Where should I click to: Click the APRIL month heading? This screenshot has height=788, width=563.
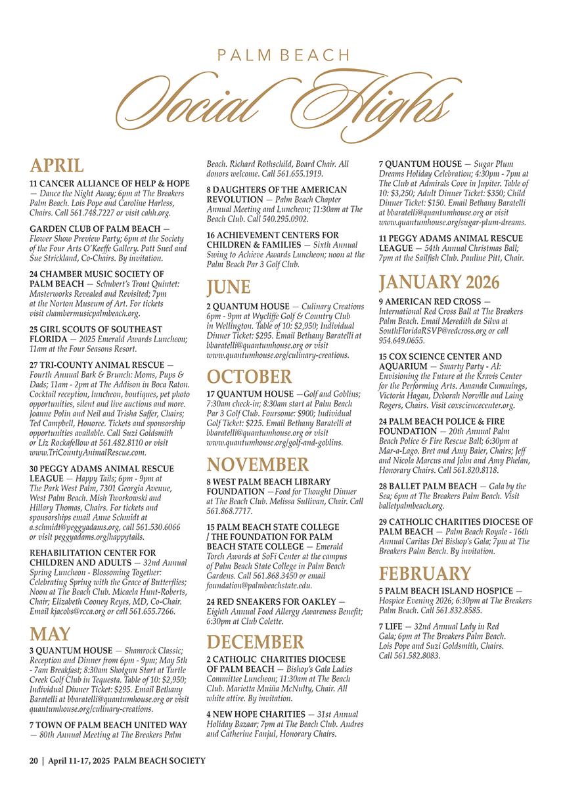click(x=57, y=165)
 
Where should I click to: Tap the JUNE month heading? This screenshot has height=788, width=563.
click(x=229, y=287)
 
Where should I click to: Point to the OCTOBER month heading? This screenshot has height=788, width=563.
click(x=249, y=376)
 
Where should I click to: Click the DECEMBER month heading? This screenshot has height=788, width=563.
click(x=256, y=642)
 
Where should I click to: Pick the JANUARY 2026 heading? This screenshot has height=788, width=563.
click(x=439, y=282)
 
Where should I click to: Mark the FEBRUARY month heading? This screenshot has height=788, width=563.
click(x=425, y=573)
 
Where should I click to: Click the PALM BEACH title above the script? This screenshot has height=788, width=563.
click(x=282, y=55)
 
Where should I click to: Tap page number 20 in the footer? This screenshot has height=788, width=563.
click(x=34, y=760)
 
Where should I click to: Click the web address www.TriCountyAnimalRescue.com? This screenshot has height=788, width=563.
click(x=88, y=452)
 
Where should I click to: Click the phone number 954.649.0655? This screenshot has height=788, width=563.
click(x=401, y=341)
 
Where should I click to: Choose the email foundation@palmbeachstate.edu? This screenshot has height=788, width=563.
click(x=259, y=585)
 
